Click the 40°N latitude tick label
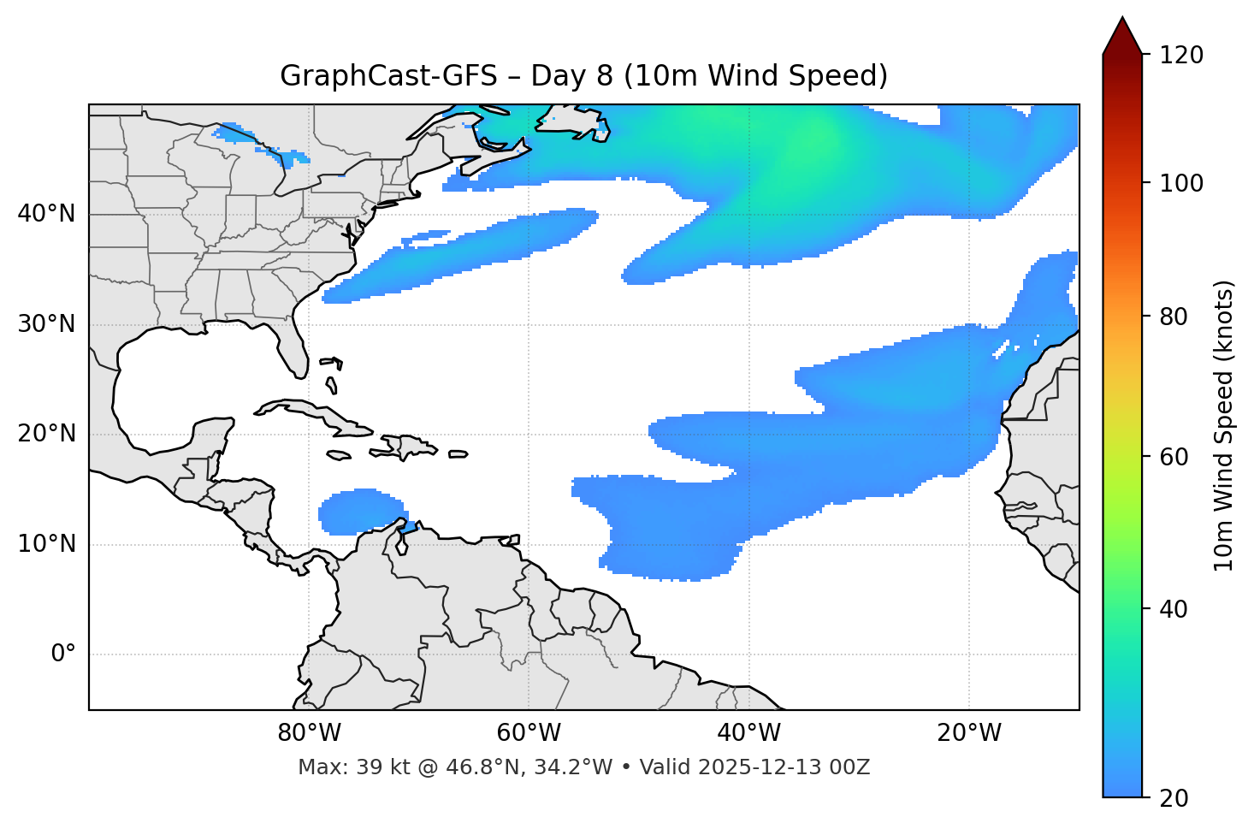pos(46,214)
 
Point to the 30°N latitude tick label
pos(46,324)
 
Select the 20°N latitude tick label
pos(46,434)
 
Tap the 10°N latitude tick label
pos(46,544)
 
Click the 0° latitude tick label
pos(62,654)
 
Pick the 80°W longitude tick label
pos(309,733)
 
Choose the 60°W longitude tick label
pos(529,733)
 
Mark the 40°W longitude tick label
pos(748,733)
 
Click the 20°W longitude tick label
pos(969,733)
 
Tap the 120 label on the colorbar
pos(1180,56)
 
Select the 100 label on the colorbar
pos(1180,183)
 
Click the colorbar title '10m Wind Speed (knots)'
pos(1224,425)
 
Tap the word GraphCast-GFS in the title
pos(388,76)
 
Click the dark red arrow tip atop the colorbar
pos(1122,36)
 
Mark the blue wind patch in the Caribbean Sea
pos(359,512)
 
